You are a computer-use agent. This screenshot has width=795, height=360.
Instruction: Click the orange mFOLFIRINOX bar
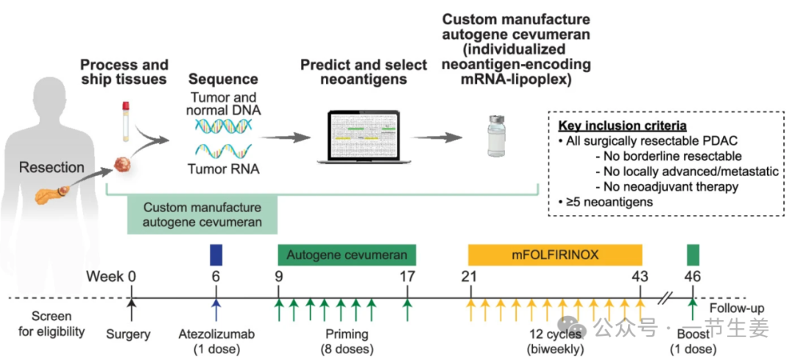(x=555, y=255)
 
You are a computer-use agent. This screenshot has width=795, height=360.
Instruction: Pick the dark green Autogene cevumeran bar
(x=347, y=255)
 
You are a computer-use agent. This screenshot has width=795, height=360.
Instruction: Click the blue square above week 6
(x=216, y=254)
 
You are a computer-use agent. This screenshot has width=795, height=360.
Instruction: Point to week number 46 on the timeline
(x=691, y=278)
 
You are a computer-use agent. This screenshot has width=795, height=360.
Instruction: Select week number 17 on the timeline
(x=407, y=278)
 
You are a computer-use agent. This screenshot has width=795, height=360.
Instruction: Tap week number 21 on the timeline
(x=469, y=278)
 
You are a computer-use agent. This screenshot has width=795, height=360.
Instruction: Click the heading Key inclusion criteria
(x=623, y=125)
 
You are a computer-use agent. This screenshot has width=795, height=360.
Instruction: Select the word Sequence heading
(x=223, y=80)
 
